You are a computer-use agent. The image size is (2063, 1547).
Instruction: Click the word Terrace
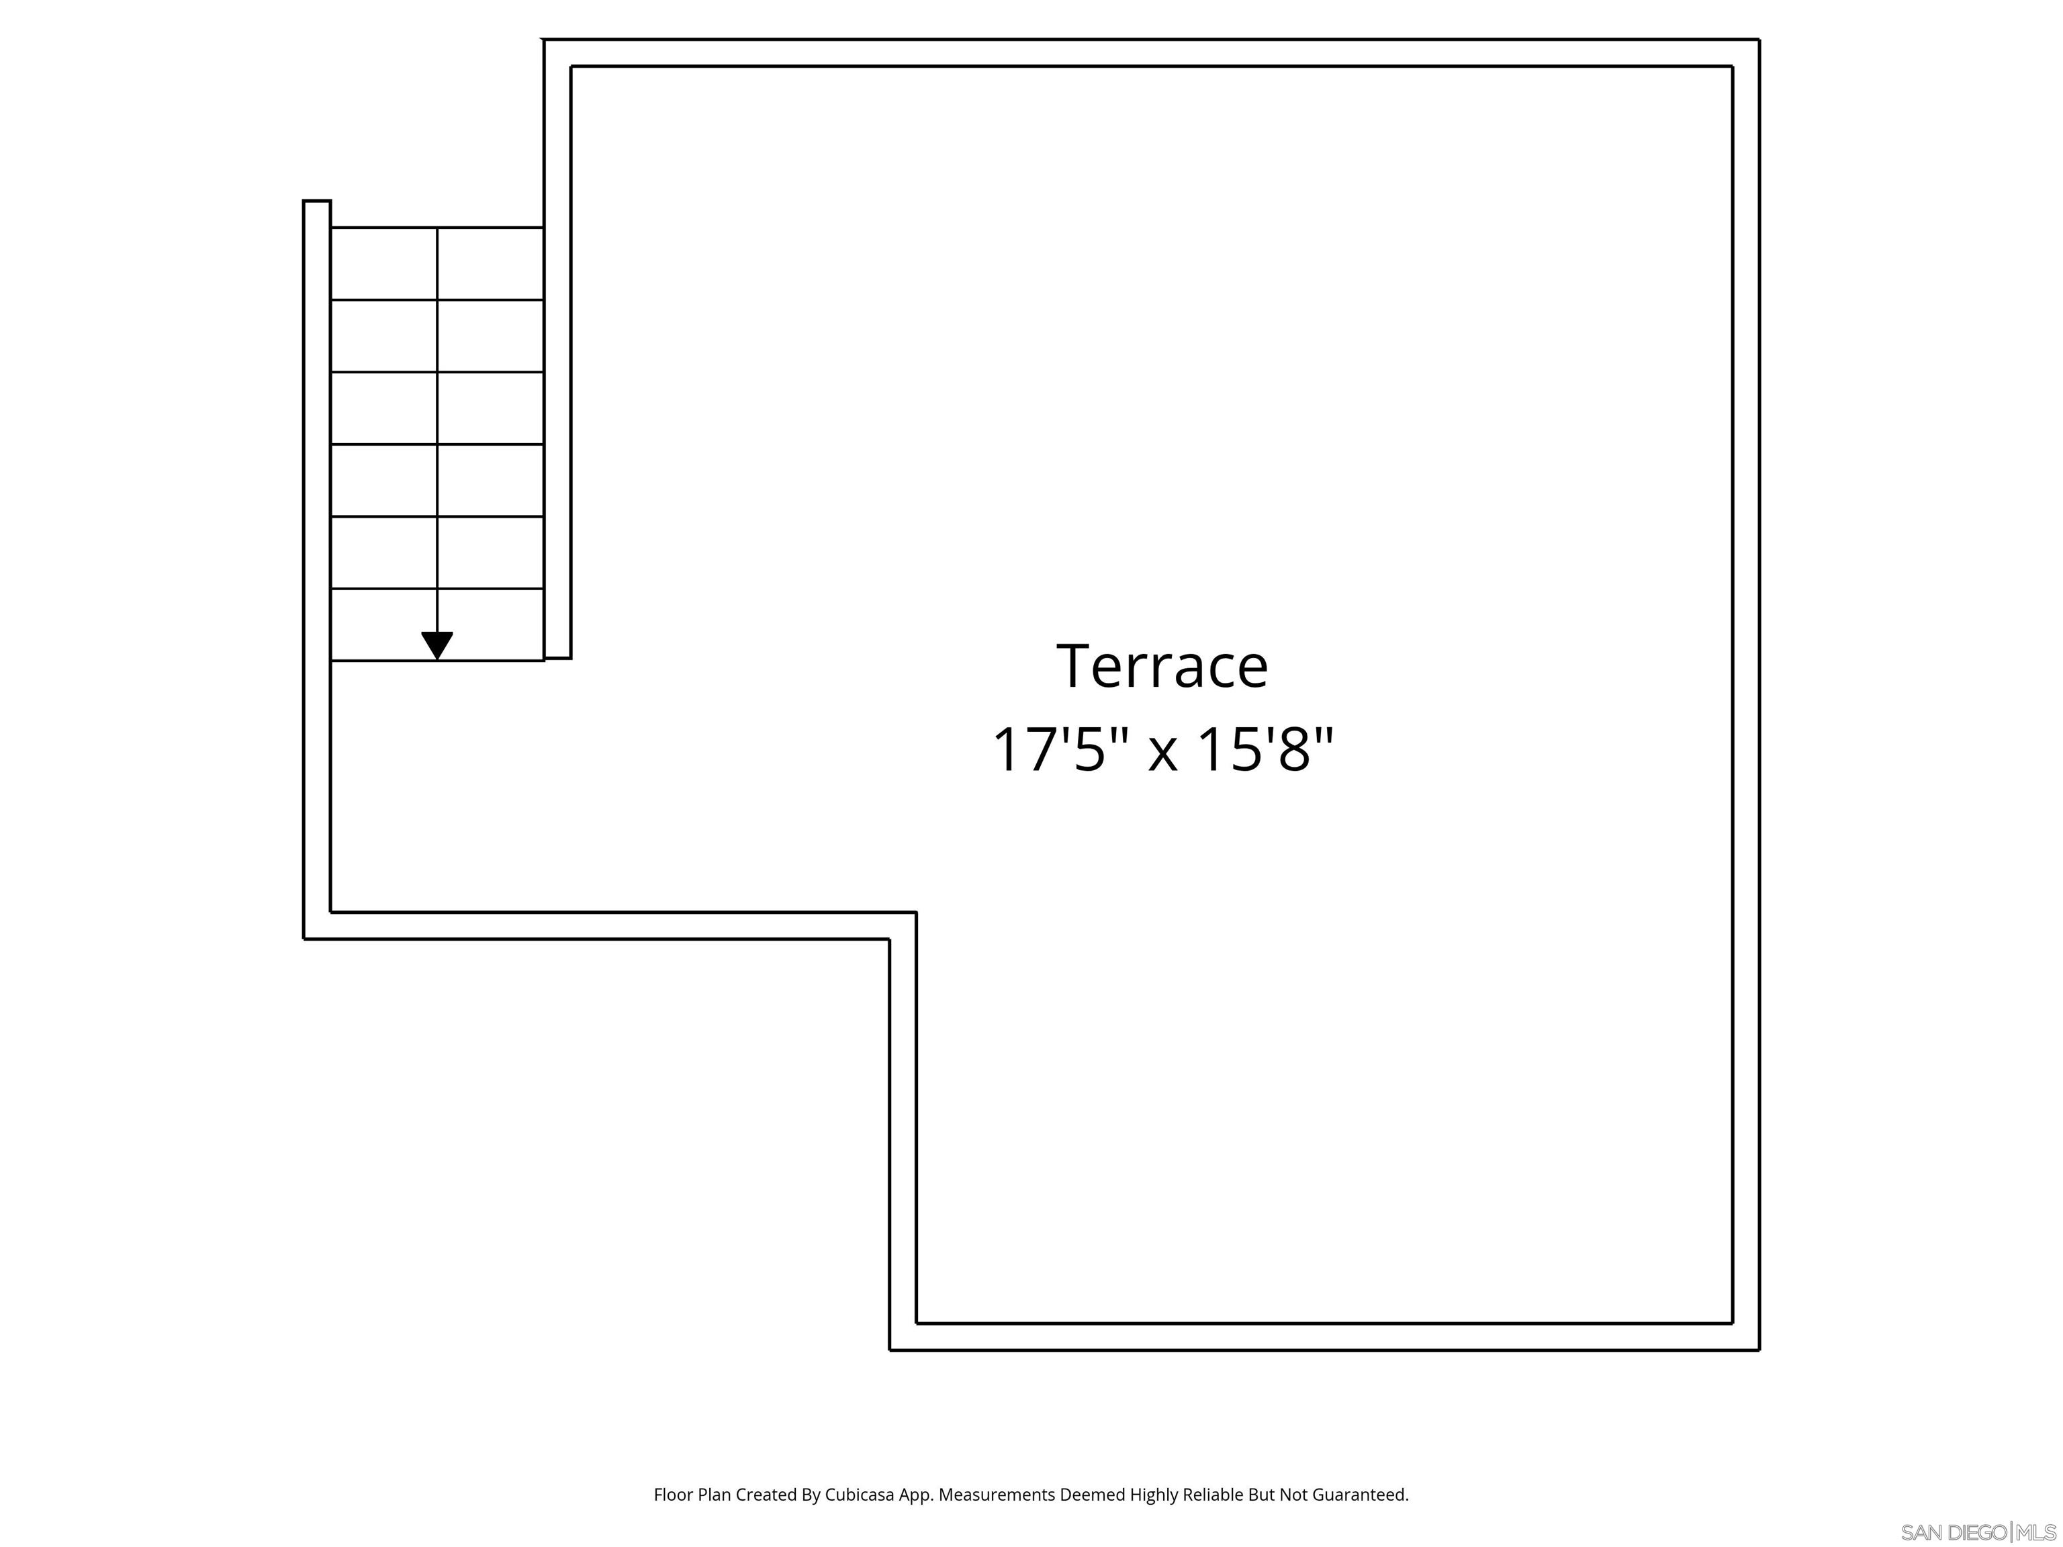coord(1161,667)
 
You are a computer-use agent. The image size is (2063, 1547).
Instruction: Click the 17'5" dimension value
coord(1060,750)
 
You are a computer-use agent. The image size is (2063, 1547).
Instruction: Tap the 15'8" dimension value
coord(1265,750)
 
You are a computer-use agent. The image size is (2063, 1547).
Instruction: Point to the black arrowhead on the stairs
coord(437,645)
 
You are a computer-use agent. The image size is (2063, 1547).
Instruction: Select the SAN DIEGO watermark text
coord(1953,1532)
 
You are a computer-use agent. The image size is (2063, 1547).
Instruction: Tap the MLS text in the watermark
coord(2036,1532)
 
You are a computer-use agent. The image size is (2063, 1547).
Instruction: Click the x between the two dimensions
coord(1162,753)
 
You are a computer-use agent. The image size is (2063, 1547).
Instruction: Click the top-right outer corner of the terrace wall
coord(1758,40)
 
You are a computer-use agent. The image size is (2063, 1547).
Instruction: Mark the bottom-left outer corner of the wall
coord(305,937)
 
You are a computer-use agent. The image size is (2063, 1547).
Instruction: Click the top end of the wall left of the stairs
coord(317,202)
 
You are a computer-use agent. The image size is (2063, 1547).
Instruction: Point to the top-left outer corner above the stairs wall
coord(545,40)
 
